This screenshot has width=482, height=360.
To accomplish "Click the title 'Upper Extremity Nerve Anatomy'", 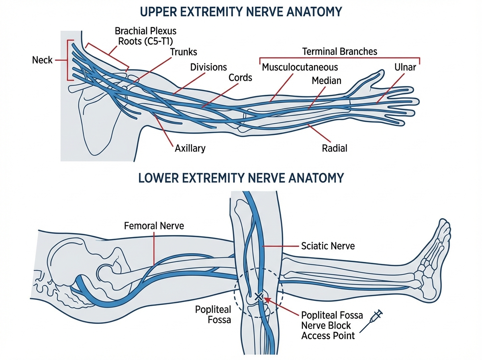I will (241, 11).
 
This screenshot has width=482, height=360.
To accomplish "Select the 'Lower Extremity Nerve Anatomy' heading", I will (241, 178).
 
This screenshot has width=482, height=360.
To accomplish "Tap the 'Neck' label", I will (42, 60).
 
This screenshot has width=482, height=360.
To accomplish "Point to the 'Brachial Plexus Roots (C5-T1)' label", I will (145, 36).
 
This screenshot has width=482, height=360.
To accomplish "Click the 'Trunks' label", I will (183, 52).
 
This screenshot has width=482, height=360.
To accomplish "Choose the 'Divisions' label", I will (208, 67).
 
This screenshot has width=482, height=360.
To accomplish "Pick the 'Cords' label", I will (240, 77).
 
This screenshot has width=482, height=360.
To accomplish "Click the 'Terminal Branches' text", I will (339, 51).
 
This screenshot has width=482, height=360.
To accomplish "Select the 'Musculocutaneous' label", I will (300, 67).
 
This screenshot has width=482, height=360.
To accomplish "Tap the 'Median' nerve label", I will (326, 80).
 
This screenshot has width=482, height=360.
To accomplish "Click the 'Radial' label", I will (334, 148).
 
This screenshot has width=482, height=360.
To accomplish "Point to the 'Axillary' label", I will (190, 148).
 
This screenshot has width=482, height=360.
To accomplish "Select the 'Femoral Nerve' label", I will (154, 226).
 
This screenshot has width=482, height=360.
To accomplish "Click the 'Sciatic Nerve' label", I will (328, 245).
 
